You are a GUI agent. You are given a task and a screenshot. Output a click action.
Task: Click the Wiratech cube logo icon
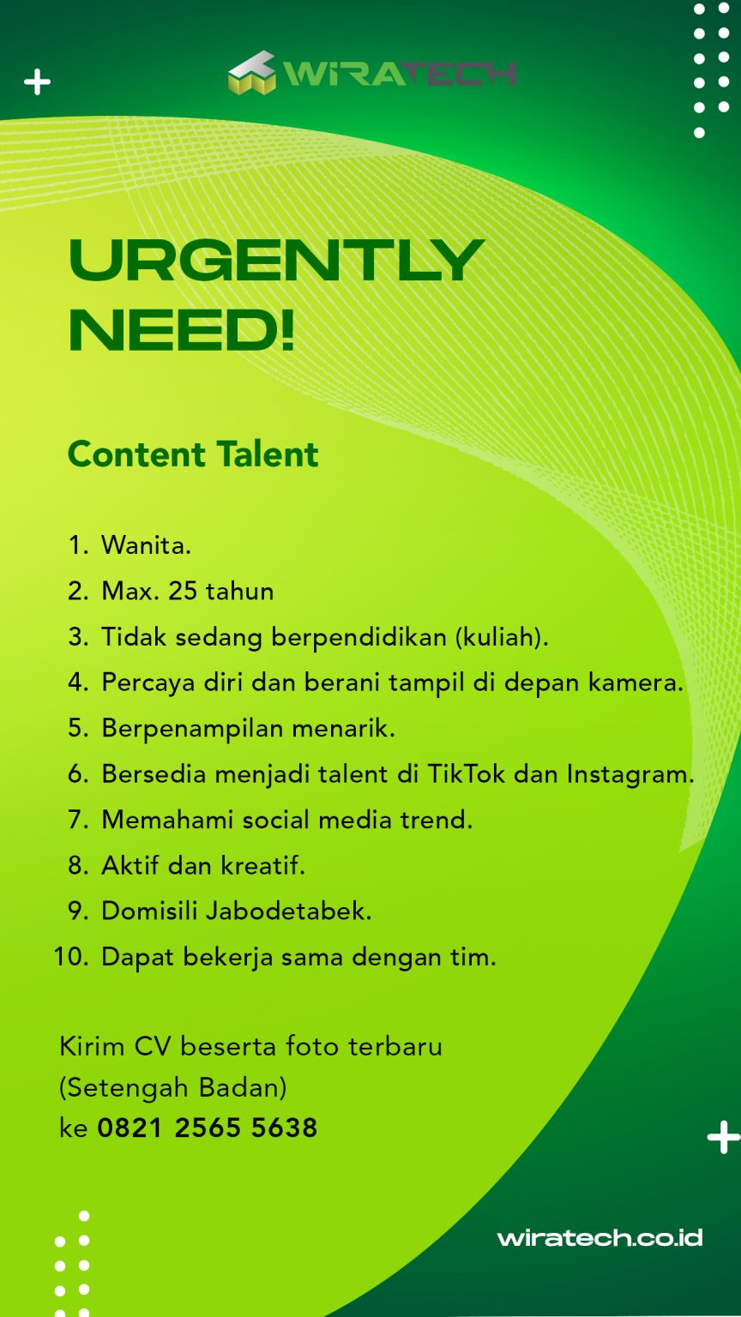pyautogui.click(x=251, y=73)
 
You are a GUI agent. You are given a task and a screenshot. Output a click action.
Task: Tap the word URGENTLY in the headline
pyautogui.click(x=276, y=260)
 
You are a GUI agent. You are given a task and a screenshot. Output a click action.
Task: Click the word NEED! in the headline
pyautogui.click(x=182, y=330)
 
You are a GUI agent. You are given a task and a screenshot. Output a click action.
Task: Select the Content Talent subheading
pyautogui.click(x=193, y=454)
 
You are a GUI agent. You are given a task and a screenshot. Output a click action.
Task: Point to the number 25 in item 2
pyautogui.click(x=183, y=591)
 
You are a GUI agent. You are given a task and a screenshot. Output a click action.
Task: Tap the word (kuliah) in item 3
pyautogui.click(x=502, y=637)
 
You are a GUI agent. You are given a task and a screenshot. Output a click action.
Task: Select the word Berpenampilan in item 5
pyautogui.click(x=192, y=729)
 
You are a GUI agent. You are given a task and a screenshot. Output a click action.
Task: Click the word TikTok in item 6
pyautogui.click(x=466, y=773)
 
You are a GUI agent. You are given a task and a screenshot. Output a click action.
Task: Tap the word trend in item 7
pyautogui.click(x=437, y=820)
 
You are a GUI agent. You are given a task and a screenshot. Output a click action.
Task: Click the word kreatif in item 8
pyautogui.click(x=262, y=865)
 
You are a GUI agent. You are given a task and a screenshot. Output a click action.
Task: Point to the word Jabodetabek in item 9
pyautogui.click(x=288, y=911)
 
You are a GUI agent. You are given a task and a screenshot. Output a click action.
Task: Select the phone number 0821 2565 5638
pyautogui.click(x=207, y=1128)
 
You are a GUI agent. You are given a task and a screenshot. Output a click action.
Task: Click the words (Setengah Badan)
pyautogui.click(x=173, y=1088)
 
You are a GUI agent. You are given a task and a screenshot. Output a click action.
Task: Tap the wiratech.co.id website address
pyautogui.click(x=599, y=1237)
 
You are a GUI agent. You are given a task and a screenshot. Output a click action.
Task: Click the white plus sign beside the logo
pyautogui.click(x=38, y=81)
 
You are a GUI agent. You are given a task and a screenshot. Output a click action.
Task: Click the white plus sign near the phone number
pyautogui.click(x=723, y=1137)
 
